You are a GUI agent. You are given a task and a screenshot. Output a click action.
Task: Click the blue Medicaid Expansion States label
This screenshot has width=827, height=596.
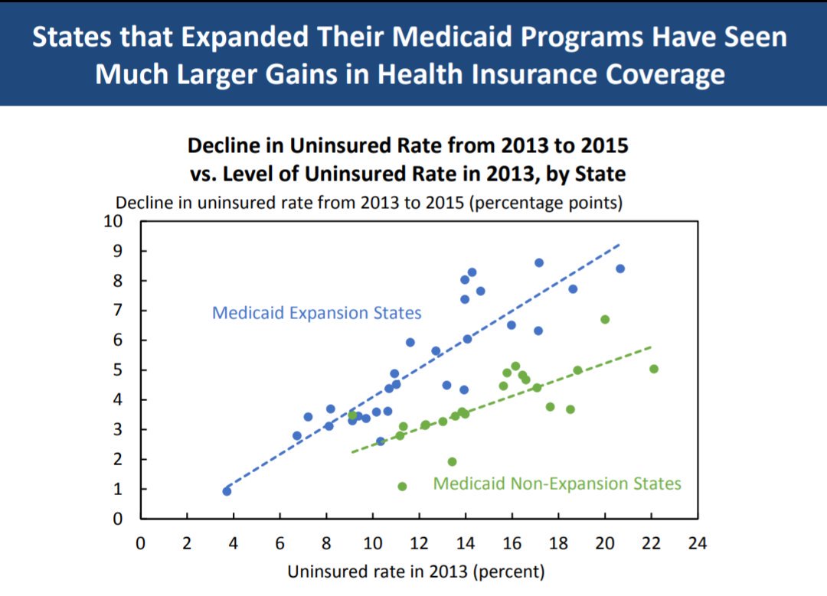coord(316,313)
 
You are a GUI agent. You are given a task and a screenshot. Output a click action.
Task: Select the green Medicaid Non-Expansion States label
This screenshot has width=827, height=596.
coord(557,484)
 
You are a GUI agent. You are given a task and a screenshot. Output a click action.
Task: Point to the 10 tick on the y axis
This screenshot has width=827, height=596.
coord(113,222)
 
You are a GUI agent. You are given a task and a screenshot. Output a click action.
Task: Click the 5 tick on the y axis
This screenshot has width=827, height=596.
coord(118,370)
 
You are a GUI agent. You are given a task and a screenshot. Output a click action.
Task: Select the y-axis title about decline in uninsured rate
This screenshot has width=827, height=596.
coord(368,204)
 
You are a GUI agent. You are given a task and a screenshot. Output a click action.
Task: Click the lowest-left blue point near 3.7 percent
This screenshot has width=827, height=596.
coord(227,491)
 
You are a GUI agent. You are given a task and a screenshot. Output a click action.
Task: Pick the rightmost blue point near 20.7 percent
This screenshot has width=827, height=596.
coord(620,269)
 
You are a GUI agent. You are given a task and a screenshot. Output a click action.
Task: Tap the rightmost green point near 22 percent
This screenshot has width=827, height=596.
coord(654,369)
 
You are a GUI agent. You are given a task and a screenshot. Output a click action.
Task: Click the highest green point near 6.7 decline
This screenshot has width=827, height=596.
coord(605,319)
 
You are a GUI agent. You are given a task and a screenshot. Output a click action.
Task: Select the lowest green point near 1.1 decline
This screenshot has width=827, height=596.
coord(402,487)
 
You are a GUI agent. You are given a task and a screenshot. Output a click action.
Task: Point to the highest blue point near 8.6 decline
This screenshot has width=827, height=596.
coord(539,262)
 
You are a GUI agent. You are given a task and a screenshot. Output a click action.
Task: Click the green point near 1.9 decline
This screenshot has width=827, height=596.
coord(452,461)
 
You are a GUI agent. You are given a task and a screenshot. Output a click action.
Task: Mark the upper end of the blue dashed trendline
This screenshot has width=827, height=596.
coord(619,245)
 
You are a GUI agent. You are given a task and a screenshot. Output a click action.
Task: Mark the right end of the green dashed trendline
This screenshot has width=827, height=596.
coord(652,347)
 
